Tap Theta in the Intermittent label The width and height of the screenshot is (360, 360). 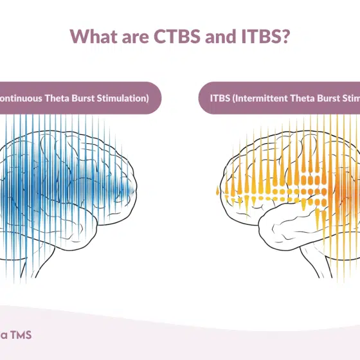tap(305, 98)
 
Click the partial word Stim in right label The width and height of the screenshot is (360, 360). tap(353, 98)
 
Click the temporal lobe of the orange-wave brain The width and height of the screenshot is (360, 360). tap(283, 219)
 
